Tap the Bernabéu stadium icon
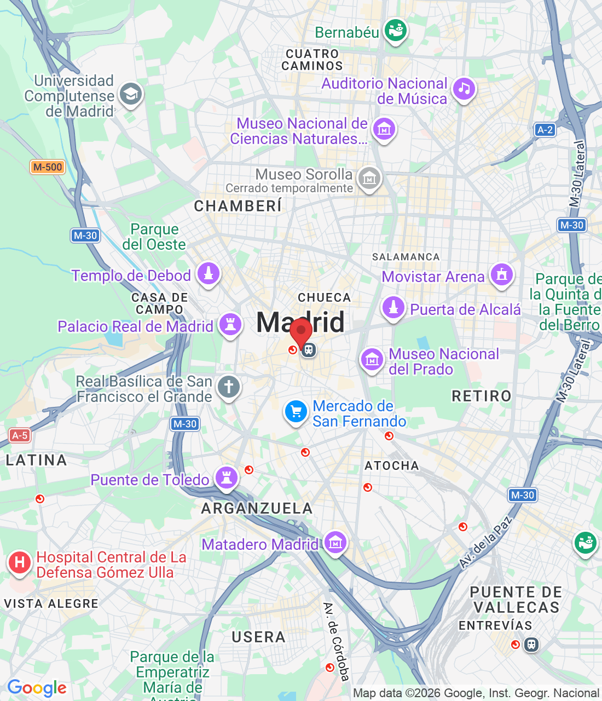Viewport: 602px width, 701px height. pos(396,30)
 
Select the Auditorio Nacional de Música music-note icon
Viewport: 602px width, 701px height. pos(464,88)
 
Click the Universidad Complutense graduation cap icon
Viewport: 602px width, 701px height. pos(130,95)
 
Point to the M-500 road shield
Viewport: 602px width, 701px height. pos(48,167)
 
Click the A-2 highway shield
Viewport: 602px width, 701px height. pos(545,130)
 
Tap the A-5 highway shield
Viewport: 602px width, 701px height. pos(20,435)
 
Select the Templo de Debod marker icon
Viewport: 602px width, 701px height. pos(209,273)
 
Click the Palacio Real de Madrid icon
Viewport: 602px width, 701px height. pos(230,324)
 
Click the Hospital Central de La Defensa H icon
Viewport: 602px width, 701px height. pos(20,562)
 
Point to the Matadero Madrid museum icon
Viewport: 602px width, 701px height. pos(335,542)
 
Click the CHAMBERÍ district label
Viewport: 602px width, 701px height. pos(238,206)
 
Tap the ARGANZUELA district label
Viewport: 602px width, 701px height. pos(257,508)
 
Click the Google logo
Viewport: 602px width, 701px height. pos(37,688)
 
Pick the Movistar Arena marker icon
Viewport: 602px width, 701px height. pos(502,274)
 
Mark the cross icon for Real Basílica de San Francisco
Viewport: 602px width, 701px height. pos(229,387)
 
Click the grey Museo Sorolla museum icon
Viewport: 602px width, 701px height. pos(369,179)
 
